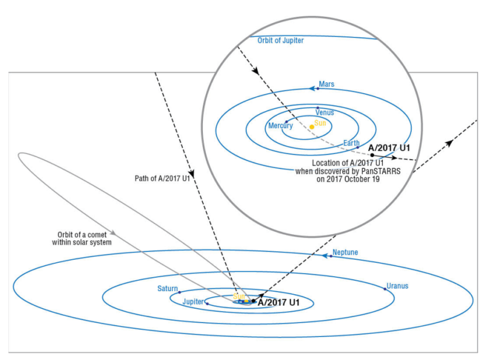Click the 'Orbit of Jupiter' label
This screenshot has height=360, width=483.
[280, 40]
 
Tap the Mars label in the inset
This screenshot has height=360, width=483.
[327, 85]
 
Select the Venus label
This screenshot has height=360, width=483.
[325, 112]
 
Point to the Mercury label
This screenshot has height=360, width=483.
[280, 126]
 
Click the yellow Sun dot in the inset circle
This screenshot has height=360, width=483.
[312, 127]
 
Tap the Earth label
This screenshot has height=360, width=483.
[351, 143]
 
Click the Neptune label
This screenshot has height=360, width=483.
[345, 252]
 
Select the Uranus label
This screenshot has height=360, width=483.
[397, 286]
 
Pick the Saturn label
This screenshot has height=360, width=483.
[168, 289]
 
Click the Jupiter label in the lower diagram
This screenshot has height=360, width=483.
[193, 301]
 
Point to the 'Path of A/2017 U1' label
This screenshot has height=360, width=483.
[162, 178]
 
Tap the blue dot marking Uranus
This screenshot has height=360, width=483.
[385, 289]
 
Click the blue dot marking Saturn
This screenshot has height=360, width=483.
[180, 292]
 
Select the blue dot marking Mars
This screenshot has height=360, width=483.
[318, 88]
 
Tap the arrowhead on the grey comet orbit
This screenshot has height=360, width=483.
[112, 233]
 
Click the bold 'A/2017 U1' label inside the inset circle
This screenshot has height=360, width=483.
[389, 147]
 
